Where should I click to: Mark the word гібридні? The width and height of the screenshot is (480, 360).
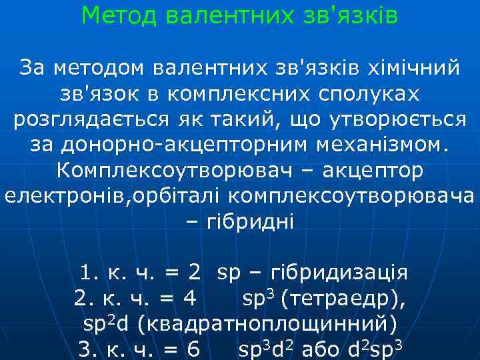tap(246, 221)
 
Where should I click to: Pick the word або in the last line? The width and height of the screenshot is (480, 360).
tap(323, 349)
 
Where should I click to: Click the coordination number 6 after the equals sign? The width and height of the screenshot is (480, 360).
tap(193, 349)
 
